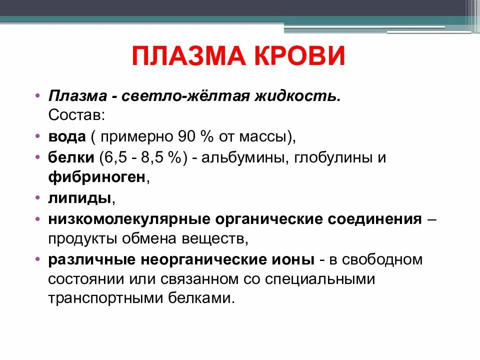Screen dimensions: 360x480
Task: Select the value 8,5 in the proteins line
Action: coord(157,157)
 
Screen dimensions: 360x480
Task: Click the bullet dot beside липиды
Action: coord(38,197)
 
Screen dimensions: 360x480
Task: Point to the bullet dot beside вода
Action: coord(38,136)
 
